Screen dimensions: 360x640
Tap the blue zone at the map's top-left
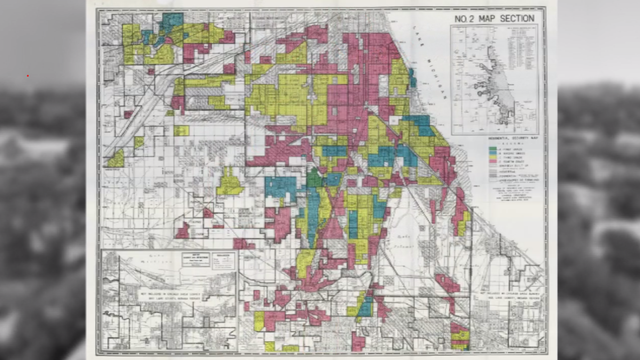pyautogui.click(x=171, y=21)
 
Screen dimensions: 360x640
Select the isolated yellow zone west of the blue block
pyautogui.click(x=229, y=183)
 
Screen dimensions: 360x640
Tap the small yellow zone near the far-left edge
pyautogui.click(x=116, y=159)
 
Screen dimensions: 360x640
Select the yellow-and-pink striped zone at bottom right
pyautogui.click(x=459, y=330)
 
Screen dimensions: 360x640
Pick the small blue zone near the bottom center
pyautogui.click(x=365, y=304)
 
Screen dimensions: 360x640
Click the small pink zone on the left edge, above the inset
pyautogui.click(x=182, y=231)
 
